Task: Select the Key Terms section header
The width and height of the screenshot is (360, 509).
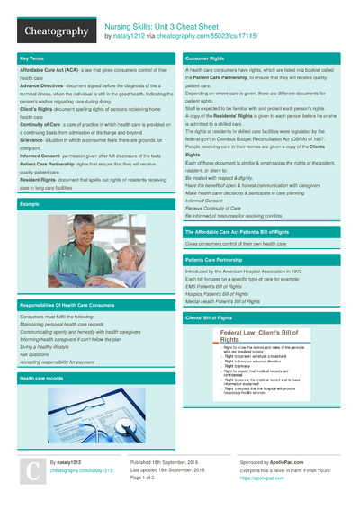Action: point(31,58)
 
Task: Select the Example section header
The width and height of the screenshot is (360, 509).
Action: point(30,204)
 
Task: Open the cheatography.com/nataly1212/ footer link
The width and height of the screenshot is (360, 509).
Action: point(82,470)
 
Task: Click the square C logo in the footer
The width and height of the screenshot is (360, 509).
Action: point(31,471)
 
